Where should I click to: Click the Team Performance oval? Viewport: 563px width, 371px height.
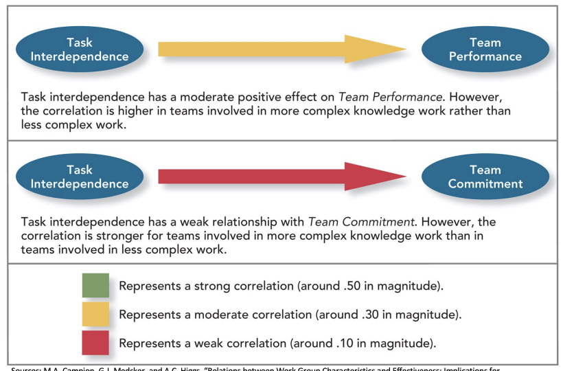[485, 49]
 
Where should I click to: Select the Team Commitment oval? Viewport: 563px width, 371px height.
[485, 177]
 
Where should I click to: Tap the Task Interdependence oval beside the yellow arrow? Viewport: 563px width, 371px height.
[79, 49]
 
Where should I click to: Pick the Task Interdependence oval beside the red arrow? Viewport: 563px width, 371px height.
[79, 177]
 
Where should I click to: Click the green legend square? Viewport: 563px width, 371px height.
[95, 284]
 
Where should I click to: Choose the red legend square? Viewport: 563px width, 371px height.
[95, 342]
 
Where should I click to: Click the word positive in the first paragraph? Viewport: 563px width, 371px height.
[271, 97]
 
